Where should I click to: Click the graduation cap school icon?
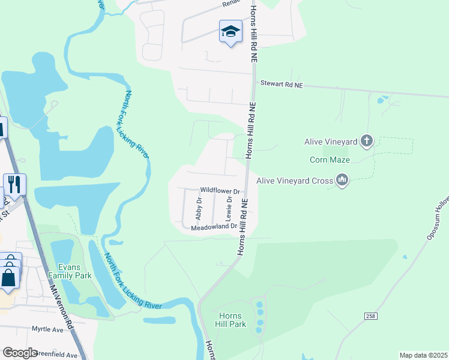tap(231, 32)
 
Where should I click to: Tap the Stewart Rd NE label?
tap(281, 86)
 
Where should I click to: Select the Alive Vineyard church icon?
tap(367, 142)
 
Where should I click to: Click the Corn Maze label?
tap(330, 160)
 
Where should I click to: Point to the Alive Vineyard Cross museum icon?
tap(342, 179)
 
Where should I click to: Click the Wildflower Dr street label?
tap(220, 190)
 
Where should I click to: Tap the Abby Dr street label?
tap(199, 209)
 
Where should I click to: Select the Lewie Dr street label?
tap(229, 208)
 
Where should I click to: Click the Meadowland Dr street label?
tap(214, 227)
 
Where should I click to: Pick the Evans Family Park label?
tap(74, 271)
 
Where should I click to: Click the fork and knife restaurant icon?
tap(14, 184)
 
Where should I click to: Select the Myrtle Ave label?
tap(47, 330)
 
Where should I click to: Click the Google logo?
tap(20, 353)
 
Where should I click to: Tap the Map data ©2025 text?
tap(423, 355)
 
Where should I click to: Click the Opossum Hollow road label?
tap(438, 220)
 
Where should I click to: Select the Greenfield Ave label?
tap(56, 355)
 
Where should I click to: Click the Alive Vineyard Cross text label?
tap(294, 179)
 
